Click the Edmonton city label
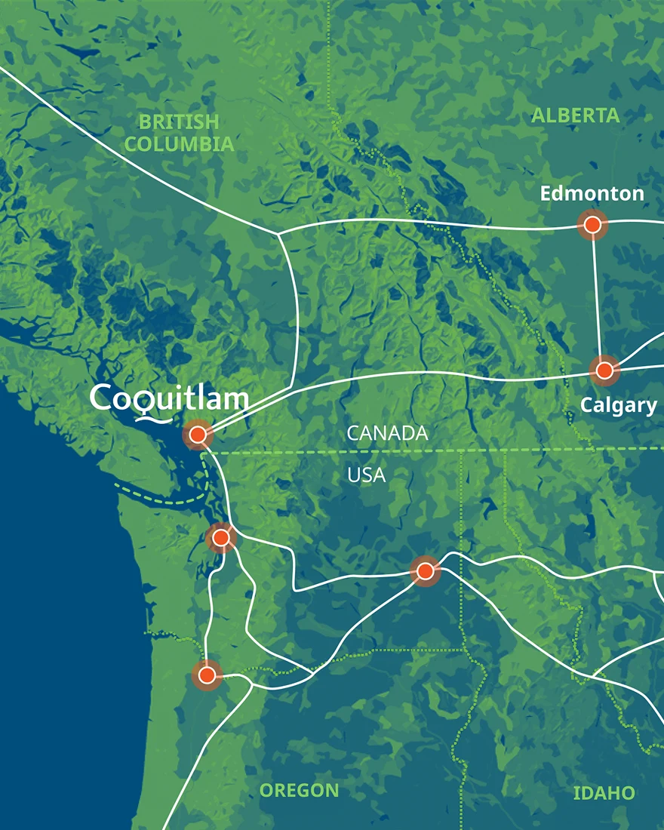[592, 194]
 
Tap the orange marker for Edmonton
[592, 224]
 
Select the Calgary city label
[618, 405]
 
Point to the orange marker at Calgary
[604, 370]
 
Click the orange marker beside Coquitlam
[198, 434]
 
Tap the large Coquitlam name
[169, 398]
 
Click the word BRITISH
[179, 121]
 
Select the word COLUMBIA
[179, 143]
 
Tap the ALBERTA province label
[575, 115]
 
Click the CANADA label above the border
[387, 433]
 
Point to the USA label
[366, 475]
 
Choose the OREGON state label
[300, 791]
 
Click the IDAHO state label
[604, 793]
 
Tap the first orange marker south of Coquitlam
[220, 537]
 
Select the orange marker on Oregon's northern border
[207, 675]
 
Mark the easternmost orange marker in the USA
[425, 570]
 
